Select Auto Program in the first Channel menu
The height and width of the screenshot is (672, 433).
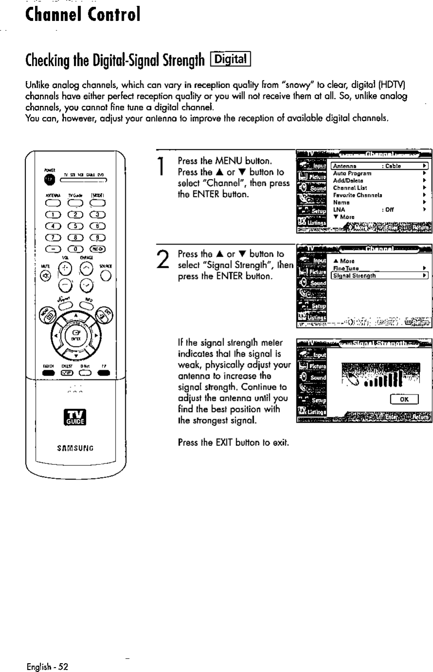pyautogui.click(x=352, y=173)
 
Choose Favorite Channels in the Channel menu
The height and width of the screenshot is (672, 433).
pyautogui.click(x=357, y=194)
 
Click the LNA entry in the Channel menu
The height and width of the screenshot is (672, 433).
pyautogui.click(x=339, y=210)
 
